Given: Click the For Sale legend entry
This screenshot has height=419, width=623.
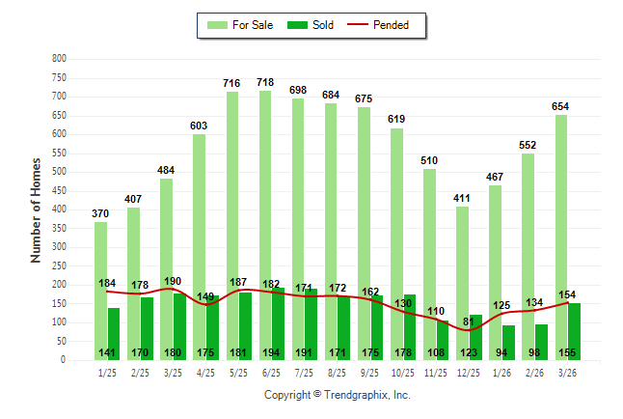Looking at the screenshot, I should (242, 25).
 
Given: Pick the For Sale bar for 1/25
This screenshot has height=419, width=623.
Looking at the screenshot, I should (100, 290).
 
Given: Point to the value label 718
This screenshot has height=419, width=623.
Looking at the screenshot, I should (265, 83).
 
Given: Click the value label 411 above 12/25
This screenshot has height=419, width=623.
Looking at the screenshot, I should (463, 199).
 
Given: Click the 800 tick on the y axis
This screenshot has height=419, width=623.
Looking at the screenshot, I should (60, 59).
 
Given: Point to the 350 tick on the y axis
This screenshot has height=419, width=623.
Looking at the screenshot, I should (60, 229).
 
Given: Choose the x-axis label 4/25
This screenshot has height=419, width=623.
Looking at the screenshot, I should (205, 372).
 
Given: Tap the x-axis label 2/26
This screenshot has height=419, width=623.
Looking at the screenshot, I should (535, 372).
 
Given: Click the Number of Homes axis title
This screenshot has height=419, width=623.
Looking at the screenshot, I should (36, 209).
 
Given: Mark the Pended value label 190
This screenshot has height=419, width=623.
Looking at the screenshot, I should (173, 282).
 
